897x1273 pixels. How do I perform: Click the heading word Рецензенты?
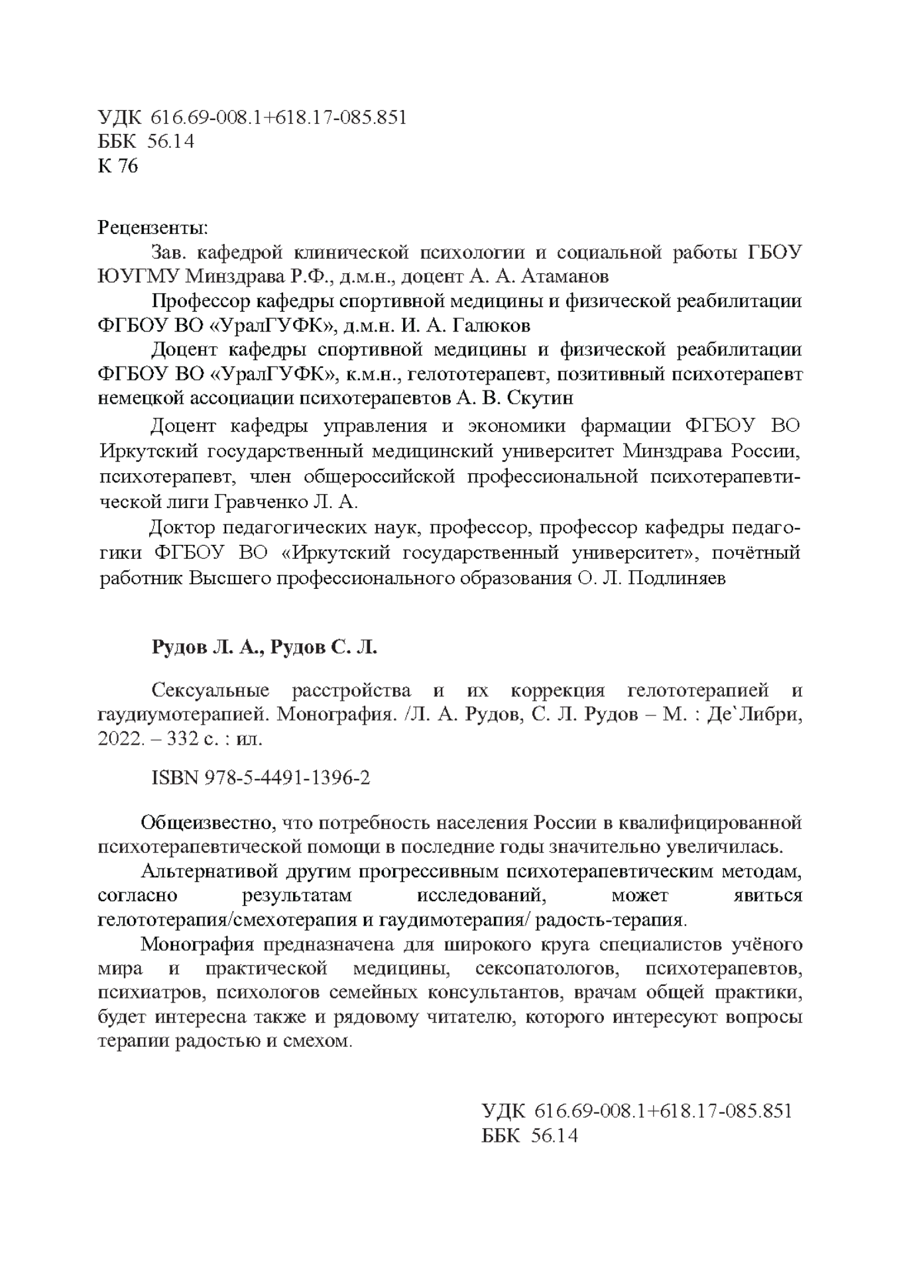(x=152, y=228)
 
